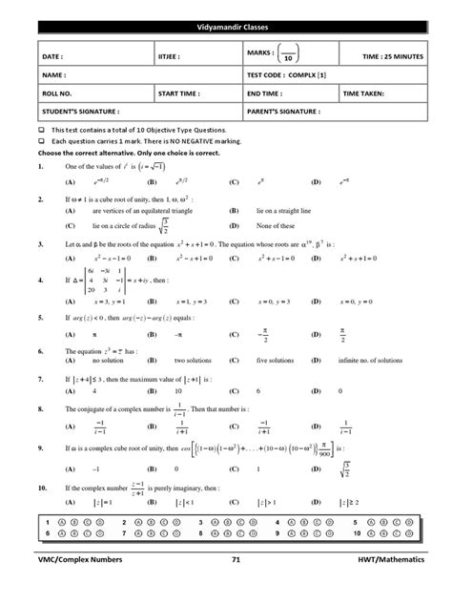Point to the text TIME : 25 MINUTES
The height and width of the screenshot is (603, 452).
point(389,56)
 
